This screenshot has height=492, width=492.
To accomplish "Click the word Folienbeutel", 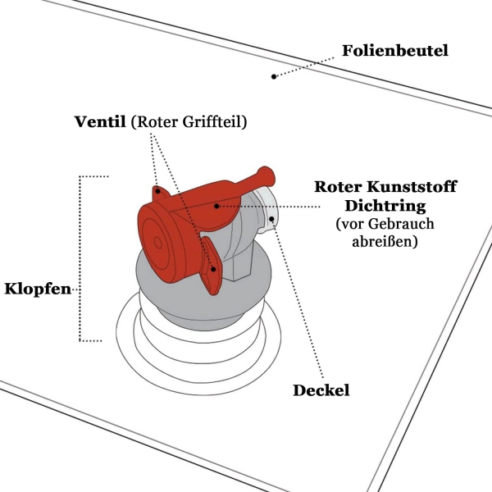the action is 395,51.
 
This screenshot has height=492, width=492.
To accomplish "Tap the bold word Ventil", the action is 100,121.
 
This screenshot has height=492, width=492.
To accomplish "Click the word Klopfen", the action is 38,289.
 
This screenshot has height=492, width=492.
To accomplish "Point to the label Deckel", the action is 321,390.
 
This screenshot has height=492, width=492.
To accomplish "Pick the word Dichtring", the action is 385,206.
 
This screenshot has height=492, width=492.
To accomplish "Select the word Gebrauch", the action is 401,224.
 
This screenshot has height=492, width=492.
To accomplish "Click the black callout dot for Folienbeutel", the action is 274,76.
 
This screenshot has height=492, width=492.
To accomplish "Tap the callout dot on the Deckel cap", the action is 271,219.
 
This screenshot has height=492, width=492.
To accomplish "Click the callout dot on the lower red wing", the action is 213,269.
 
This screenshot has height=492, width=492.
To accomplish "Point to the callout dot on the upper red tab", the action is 158,191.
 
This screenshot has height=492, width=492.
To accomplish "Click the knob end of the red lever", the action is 266,175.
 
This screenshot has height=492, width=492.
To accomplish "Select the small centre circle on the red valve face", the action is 157,243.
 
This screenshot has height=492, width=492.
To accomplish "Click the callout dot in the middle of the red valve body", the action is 216,206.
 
